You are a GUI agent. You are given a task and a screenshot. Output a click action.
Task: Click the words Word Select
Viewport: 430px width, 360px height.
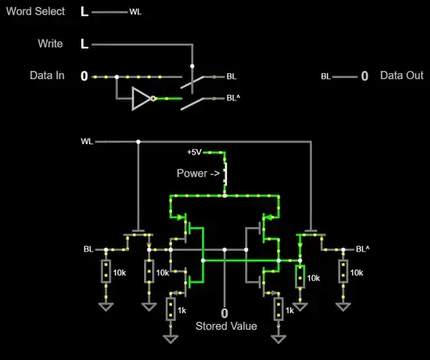[x=33, y=12]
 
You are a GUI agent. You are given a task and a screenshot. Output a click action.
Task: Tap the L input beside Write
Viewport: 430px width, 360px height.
[x=84, y=44]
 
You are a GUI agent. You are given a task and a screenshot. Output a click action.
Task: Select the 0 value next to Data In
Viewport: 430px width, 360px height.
[x=84, y=76]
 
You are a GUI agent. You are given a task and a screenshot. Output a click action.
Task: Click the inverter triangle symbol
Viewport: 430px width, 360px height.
[x=142, y=99]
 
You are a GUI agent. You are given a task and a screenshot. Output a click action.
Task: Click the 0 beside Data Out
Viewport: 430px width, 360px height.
[x=365, y=76]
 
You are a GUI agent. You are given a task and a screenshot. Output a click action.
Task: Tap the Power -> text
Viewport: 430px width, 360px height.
[x=198, y=172]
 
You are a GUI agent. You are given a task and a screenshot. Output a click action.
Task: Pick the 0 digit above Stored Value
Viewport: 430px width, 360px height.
[x=225, y=313]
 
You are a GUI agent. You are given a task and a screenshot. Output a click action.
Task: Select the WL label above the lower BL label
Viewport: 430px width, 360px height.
[x=87, y=142]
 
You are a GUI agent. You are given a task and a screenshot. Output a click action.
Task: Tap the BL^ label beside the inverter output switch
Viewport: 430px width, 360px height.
[x=233, y=99]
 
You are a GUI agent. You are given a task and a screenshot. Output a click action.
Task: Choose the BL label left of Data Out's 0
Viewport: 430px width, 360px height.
[x=326, y=77]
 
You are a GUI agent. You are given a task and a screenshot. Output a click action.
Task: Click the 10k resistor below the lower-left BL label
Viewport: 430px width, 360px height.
[x=105, y=272]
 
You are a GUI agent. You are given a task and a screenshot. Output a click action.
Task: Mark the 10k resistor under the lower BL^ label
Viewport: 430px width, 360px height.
[x=343, y=272]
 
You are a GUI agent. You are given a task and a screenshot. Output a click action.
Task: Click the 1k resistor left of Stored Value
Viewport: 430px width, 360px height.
[x=170, y=308]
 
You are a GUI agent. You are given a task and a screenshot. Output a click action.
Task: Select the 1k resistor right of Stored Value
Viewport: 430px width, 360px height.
[x=278, y=308]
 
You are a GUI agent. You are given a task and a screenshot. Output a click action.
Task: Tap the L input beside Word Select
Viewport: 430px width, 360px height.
[x=84, y=12]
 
